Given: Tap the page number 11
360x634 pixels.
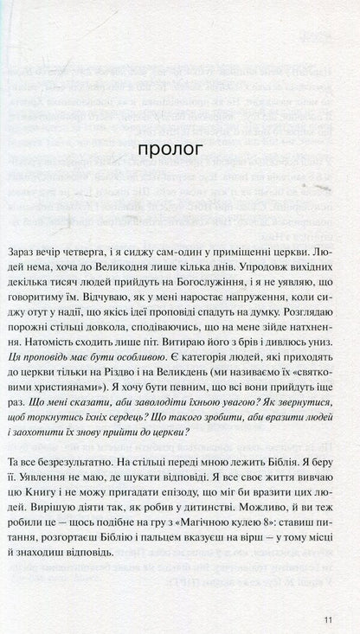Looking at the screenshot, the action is pos(327,618).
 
